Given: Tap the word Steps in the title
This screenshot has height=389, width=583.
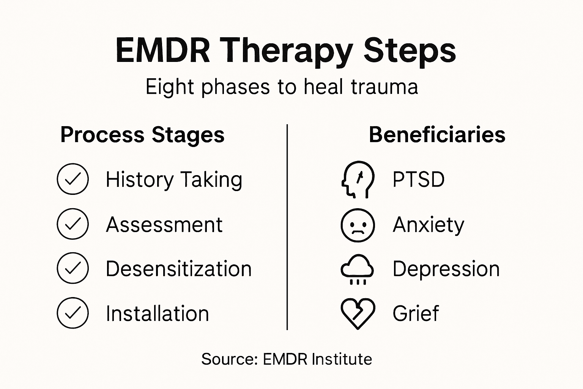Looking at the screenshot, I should tap(410, 51).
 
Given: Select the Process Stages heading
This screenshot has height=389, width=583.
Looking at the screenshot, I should tap(142, 135).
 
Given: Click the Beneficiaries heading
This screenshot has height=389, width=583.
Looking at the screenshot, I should tap(437, 135).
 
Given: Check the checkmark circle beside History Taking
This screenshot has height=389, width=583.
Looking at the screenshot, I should tap(72, 179).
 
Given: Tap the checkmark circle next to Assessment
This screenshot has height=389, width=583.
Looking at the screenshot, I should tap(72, 224).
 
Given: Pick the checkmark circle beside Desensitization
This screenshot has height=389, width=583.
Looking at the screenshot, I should tap(72, 268).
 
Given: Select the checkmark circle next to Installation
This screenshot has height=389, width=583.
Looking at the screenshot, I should tap(72, 313).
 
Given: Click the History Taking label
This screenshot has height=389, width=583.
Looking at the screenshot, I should tap(174, 180).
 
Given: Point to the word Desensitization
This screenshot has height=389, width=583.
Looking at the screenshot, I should tap(178, 269).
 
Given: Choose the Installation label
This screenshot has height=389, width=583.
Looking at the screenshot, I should tap(157, 314).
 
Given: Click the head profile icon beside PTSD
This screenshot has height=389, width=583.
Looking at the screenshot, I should tap(357, 179).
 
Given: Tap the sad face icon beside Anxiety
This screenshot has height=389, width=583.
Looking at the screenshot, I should tap(358, 225).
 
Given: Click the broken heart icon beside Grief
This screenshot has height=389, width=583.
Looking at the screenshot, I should tap(358, 313).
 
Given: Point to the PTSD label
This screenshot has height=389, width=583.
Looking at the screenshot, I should tap(418, 180).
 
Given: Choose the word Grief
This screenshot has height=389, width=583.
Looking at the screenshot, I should tap(416, 314).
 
